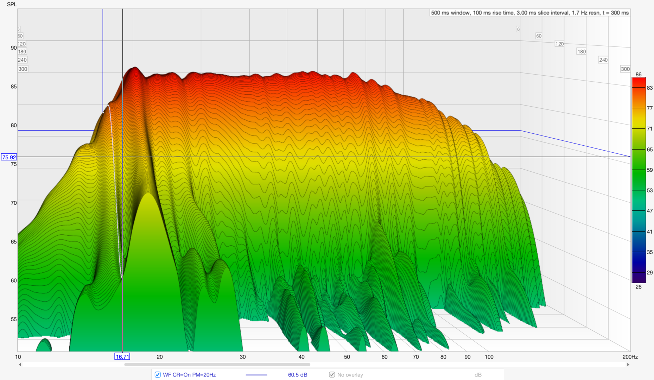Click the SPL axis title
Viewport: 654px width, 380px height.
tap(12, 5)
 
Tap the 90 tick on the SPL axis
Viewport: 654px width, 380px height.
tap(13, 48)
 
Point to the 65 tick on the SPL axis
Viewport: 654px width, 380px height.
tap(13, 242)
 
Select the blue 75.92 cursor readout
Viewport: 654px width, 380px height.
tap(9, 157)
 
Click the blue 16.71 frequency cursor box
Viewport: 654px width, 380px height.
tap(122, 356)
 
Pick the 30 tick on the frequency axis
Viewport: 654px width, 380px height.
tap(243, 357)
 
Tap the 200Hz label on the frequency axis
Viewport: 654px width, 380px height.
tap(630, 357)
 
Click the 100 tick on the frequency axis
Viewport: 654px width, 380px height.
tap(489, 357)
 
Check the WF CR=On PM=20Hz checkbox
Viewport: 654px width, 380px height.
tap(158, 375)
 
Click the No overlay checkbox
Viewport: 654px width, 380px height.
tap(332, 375)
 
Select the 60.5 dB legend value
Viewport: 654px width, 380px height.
tap(297, 375)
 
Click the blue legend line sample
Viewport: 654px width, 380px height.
tap(256, 375)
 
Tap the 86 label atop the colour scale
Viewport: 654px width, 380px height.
tap(639, 75)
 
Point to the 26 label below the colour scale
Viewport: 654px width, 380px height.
tap(639, 287)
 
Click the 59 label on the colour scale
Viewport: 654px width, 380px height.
tap(649, 170)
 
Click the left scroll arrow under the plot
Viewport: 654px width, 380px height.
tap(20, 365)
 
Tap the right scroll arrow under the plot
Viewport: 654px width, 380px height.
tap(628, 365)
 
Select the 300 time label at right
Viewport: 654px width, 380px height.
tap(625, 69)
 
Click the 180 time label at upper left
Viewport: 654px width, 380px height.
tap(22, 52)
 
